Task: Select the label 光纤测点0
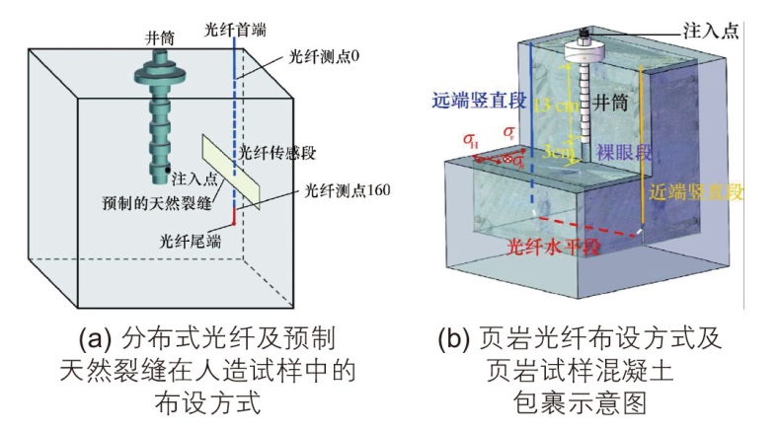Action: [314, 56]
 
